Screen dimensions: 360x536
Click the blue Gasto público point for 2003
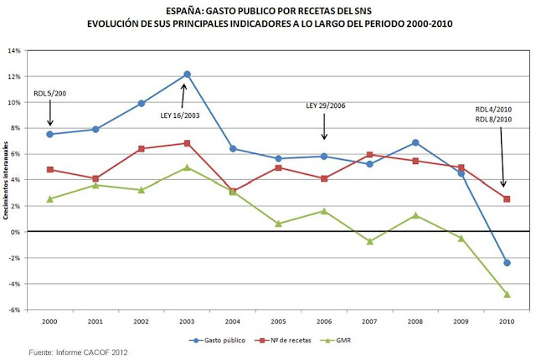tap(187, 75)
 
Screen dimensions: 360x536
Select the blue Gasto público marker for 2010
tap(506, 263)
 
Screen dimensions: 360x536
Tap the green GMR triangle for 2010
tap(506, 295)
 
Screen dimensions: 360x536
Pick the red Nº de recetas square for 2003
tap(187, 143)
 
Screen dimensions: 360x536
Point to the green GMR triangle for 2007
tap(369, 241)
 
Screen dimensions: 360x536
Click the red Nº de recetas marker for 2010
tap(506, 198)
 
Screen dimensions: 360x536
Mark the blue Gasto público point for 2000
tap(50, 134)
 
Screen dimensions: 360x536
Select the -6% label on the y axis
tap(14, 310)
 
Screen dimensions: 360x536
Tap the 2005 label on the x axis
tap(278, 321)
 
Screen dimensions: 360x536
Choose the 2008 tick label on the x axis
tap(415, 321)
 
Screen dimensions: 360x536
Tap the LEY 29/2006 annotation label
tap(324, 106)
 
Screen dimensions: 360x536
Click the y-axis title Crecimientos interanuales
tap(6, 180)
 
